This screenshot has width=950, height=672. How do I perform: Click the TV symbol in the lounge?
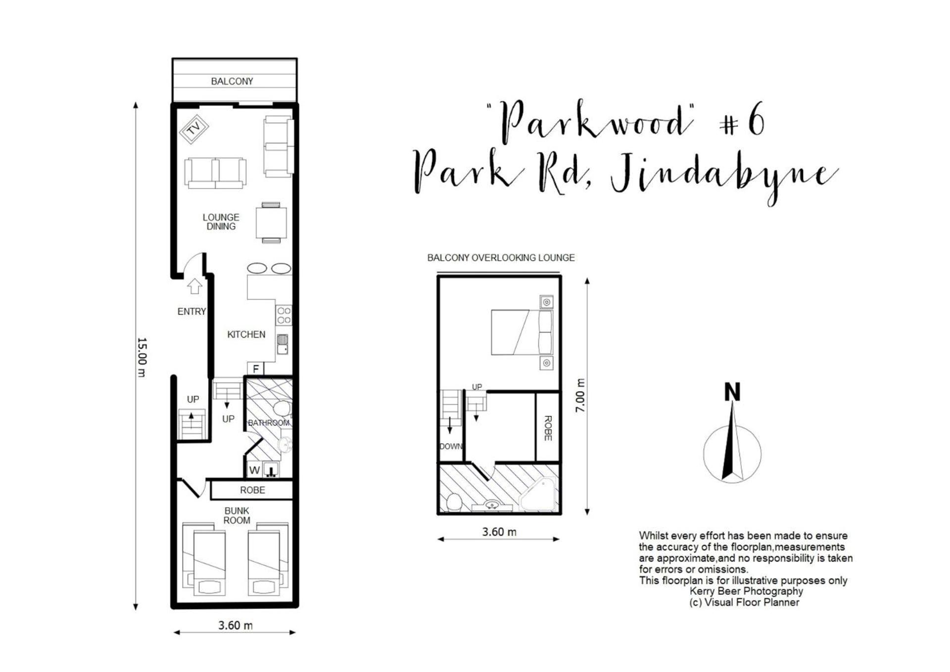(193, 129)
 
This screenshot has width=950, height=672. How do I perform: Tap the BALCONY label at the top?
(232, 81)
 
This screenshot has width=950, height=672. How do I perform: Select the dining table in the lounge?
(271, 223)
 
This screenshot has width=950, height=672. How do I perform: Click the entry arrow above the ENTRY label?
(194, 286)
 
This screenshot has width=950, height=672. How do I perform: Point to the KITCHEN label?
(246, 335)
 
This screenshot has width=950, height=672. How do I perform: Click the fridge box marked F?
(256, 368)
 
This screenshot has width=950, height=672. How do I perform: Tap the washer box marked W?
(254, 470)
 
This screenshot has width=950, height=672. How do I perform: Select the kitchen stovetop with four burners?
(284, 315)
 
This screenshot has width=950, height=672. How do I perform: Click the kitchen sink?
(283, 344)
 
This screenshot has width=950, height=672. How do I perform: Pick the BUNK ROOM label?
(237, 515)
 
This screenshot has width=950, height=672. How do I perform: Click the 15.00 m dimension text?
(142, 357)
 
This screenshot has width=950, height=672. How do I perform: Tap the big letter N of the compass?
(732, 392)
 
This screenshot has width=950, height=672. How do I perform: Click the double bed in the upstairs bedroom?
(522, 333)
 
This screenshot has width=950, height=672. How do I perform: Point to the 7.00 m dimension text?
(580, 395)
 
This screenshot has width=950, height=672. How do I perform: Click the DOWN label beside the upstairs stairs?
(451, 446)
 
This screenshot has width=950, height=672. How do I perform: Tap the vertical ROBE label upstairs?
(548, 428)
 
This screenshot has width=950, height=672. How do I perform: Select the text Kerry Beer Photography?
(746, 591)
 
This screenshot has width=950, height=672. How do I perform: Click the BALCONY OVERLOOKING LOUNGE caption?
(501, 258)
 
